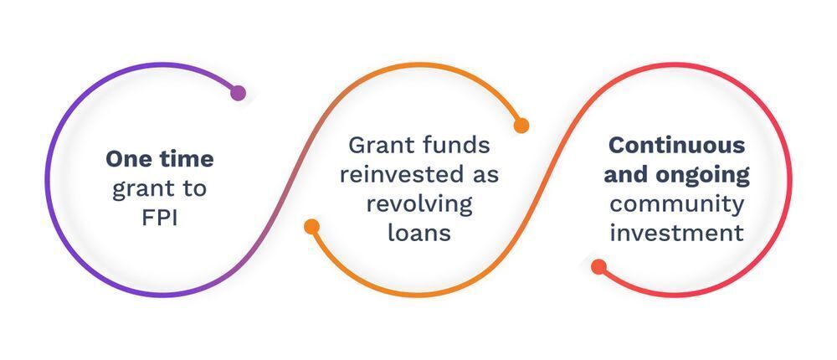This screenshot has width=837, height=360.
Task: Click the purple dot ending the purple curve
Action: (238, 93)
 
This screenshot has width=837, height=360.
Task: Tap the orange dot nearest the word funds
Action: (521, 126)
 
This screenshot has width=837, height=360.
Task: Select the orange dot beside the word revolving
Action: (311, 227)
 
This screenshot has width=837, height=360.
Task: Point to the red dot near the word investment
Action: (599, 266)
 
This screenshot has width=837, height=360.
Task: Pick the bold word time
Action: (186, 158)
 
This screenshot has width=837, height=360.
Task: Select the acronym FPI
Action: (160, 219)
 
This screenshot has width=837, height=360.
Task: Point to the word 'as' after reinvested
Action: (485, 177)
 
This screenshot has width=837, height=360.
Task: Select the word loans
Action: (419, 233)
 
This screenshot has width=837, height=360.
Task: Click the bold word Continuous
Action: (677, 145)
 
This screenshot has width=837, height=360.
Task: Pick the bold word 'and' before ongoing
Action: (625, 175)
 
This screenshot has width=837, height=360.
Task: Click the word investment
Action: (676, 233)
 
